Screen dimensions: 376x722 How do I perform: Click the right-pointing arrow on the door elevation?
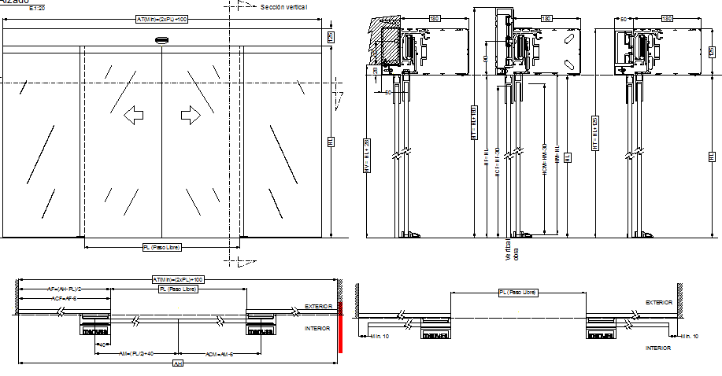click(x=191, y=116)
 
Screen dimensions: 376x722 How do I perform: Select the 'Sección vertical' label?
click(x=283, y=6)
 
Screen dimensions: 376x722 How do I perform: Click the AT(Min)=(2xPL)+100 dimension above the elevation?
click(x=162, y=18)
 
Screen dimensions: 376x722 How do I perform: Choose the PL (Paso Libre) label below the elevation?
click(x=162, y=247)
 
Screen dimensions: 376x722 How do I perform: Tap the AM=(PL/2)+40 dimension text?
click(x=137, y=354)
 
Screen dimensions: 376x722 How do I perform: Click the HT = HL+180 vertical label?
click(x=474, y=122)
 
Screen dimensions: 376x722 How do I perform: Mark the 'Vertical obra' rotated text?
click(x=513, y=250)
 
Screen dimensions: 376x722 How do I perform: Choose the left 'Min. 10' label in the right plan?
click(x=380, y=336)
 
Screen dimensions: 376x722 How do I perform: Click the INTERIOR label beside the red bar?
click(x=317, y=328)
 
